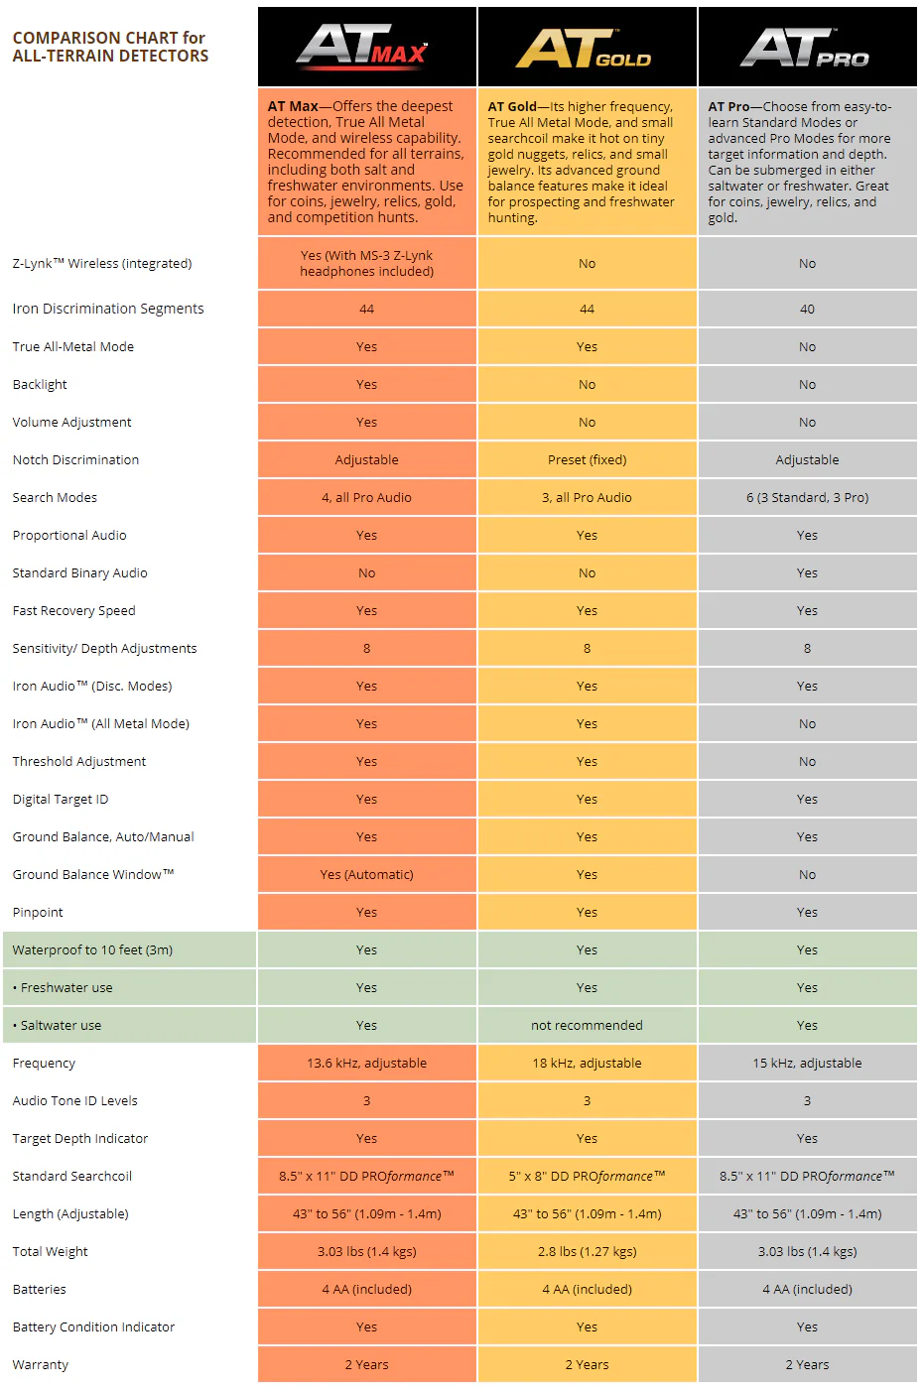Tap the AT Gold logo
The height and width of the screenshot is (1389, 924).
[x=584, y=48]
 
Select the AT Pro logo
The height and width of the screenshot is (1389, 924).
[x=804, y=48]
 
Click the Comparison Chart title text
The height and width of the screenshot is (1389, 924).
[x=110, y=47]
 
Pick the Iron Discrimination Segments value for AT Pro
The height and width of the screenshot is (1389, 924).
[x=807, y=309]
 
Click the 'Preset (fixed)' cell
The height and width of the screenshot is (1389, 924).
[x=587, y=459]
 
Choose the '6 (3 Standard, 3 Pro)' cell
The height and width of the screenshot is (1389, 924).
[x=807, y=497]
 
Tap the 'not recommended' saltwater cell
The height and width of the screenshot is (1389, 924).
[x=587, y=1025]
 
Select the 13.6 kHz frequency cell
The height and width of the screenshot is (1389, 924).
[x=366, y=1063]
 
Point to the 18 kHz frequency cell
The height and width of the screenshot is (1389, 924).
[x=587, y=1063]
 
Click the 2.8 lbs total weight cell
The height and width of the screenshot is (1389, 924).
[x=587, y=1251]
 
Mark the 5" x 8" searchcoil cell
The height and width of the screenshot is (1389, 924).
[x=587, y=1176]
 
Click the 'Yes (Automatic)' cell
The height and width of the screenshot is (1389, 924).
[x=366, y=874]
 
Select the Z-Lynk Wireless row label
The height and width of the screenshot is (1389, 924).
[x=102, y=263]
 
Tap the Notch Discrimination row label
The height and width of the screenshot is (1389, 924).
[x=75, y=459]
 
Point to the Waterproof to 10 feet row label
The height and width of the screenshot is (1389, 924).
[x=92, y=949]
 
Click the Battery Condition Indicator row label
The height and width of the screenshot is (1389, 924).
[x=93, y=1326]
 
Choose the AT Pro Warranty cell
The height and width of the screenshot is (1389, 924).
[x=807, y=1364]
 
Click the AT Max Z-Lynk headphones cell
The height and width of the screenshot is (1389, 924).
[x=366, y=263]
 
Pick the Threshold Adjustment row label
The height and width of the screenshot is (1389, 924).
[x=79, y=761]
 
